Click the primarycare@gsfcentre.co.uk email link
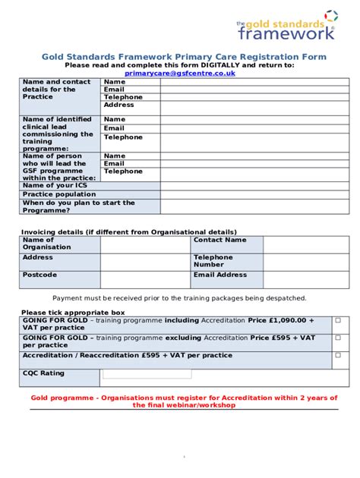coord(179,73)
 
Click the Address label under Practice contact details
coord(118,105)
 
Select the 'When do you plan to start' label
coord(78,206)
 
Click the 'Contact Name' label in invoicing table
coord(219,240)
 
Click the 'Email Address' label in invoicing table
coord(219,275)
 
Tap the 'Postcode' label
coord(39,275)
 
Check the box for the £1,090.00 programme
coord(337,320)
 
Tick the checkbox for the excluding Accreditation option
coord(337,338)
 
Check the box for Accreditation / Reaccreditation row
coord(337,355)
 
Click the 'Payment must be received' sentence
coord(179,298)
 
